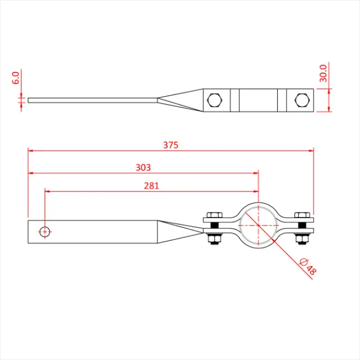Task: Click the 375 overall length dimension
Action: tap(170, 145)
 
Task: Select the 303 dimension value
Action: tap(143, 167)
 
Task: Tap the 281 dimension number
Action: tap(151, 185)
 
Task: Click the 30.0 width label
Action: tap(323, 73)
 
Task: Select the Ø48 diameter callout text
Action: tap(309, 265)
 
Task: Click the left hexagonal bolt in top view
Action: tap(215, 101)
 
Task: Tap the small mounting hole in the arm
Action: tap(44, 231)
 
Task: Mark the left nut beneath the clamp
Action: tap(214, 240)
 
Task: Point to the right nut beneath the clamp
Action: tap(301, 240)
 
